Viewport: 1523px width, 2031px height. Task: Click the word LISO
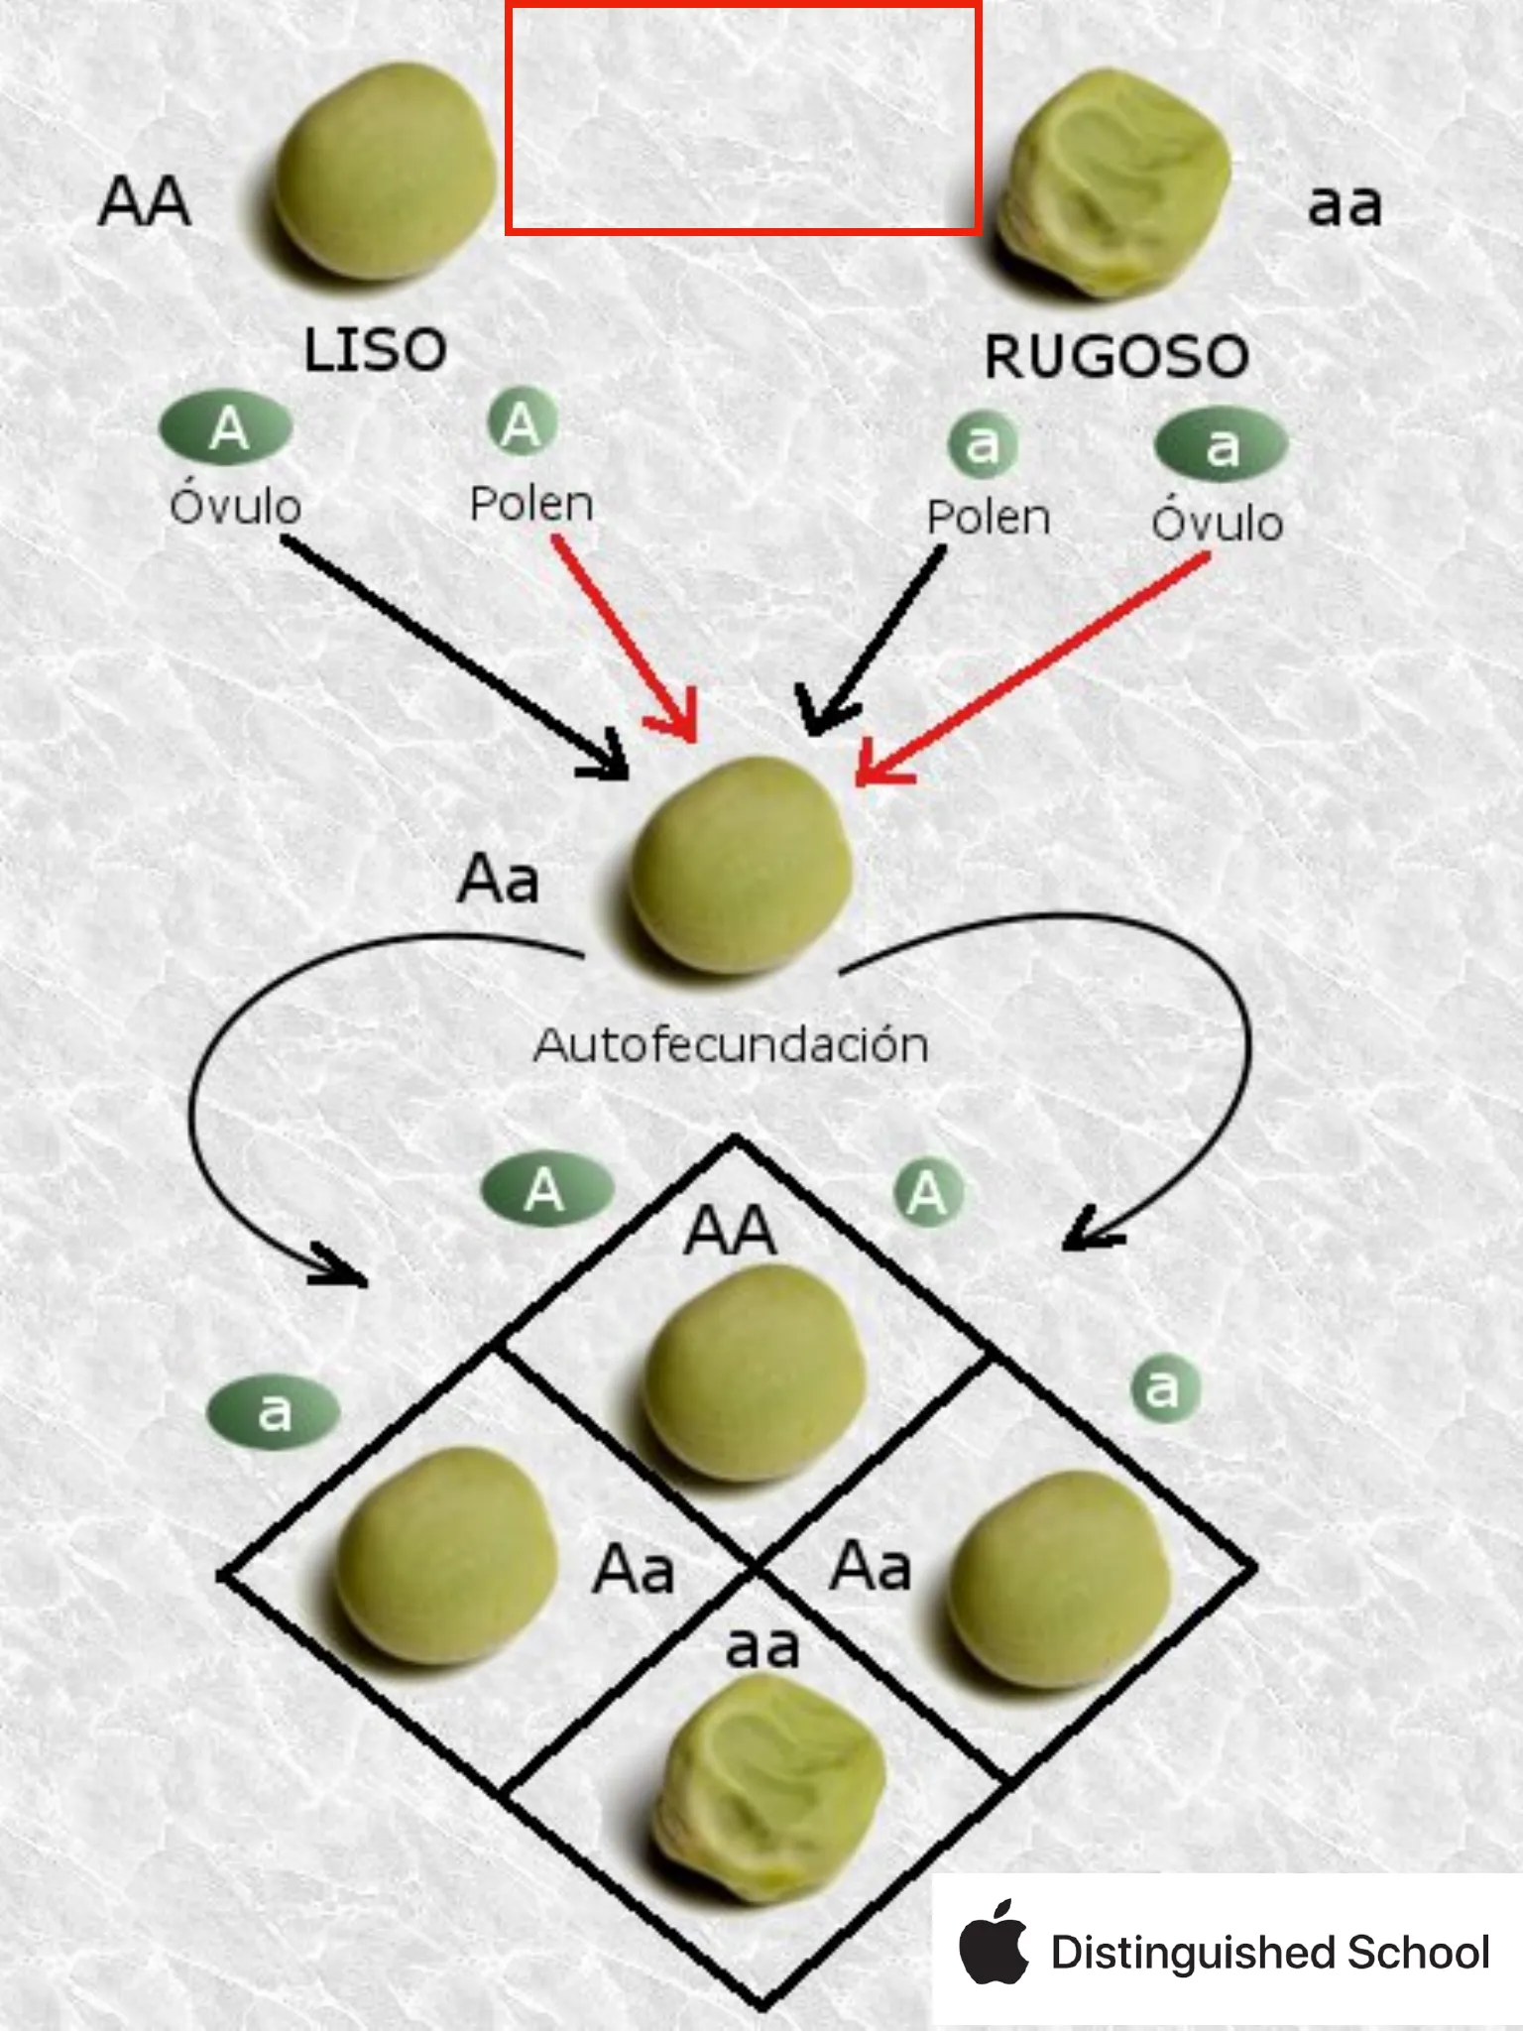click(375, 350)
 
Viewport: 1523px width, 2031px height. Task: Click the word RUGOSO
click(1115, 356)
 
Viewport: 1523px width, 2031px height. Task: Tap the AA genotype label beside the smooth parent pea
click(145, 202)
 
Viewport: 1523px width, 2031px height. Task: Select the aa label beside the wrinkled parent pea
click(1344, 206)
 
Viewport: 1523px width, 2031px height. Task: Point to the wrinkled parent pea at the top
click(1114, 183)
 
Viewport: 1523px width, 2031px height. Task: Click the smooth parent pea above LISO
click(385, 172)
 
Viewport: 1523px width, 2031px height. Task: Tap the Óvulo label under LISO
click(235, 506)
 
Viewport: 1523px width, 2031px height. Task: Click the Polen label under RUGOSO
click(988, 518)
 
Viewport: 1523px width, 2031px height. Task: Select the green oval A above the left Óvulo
click(226, 428)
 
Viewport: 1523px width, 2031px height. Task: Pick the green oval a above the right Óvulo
click(1222, 446)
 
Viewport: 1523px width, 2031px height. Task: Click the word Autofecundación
click(731, 1045)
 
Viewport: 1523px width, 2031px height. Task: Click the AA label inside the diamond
click(731, 1231)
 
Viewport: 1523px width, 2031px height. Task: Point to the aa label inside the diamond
click(761, 1646)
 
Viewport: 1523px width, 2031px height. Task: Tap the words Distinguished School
click(1270, 1952)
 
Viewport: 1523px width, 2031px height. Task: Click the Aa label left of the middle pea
click(499, 880)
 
